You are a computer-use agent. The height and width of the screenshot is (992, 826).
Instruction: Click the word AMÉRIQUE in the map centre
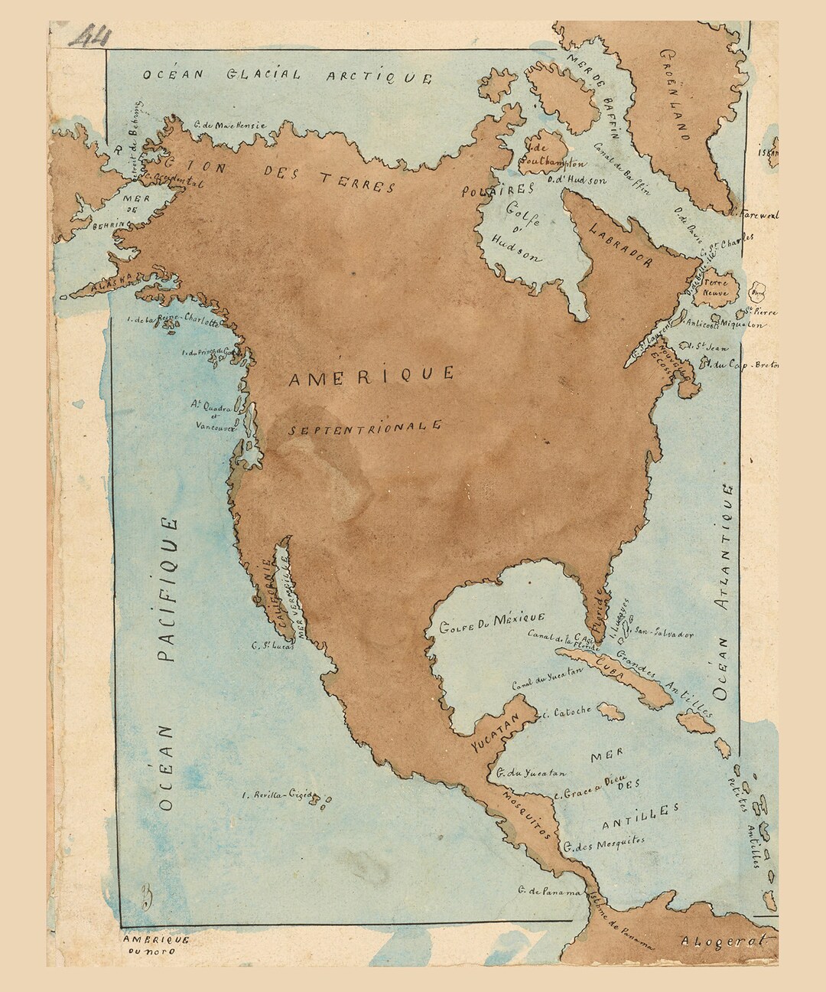click(372, 375)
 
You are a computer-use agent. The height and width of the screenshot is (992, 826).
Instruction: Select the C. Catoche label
click(566, 711)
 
